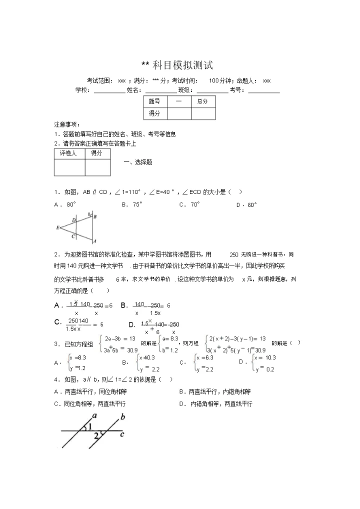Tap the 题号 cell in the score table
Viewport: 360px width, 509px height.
coord(154,101)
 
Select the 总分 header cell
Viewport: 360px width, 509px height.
coord(202,101)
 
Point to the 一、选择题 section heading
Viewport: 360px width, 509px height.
coord(137,162)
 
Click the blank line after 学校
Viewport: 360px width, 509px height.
coord(109,90)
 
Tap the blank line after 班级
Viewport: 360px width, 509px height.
coord(212,90)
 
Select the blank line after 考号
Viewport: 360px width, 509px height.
coord(264,90)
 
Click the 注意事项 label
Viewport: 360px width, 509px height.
coord(66,124)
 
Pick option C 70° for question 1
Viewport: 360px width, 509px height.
coord(189,204)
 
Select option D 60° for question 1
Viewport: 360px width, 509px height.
coord(246,204)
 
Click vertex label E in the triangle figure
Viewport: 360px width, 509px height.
coord(58,227)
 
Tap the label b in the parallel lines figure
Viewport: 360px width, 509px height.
coord(122,416)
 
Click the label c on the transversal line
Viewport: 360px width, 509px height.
coord(121,433)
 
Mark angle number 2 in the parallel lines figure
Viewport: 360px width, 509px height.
coord(96,436)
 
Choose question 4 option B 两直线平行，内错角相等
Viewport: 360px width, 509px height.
coord(215,391)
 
